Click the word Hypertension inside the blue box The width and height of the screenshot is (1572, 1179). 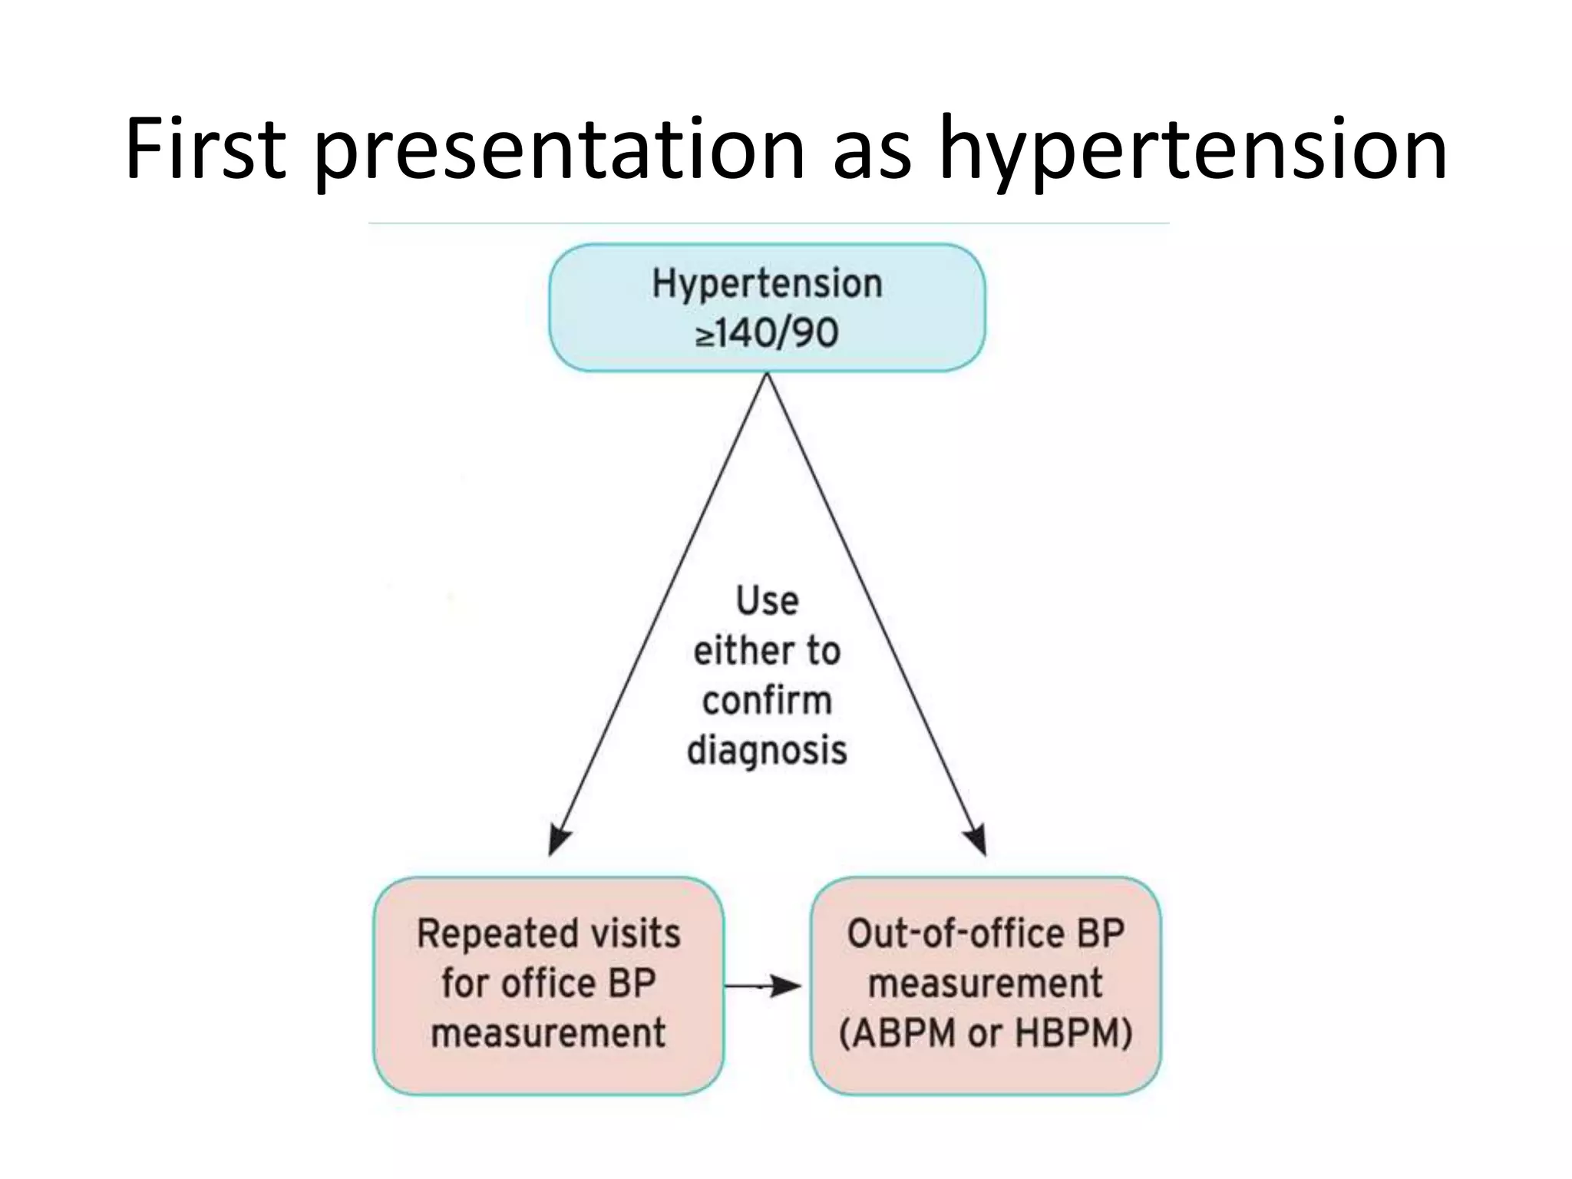[767, 283]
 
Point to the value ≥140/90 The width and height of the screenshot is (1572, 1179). [767, 333]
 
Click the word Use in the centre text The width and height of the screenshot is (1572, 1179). [767, 600]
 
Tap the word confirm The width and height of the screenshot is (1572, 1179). [767, 701]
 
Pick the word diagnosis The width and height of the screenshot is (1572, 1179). [767, 750]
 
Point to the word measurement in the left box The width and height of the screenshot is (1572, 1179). [548, 1032]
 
